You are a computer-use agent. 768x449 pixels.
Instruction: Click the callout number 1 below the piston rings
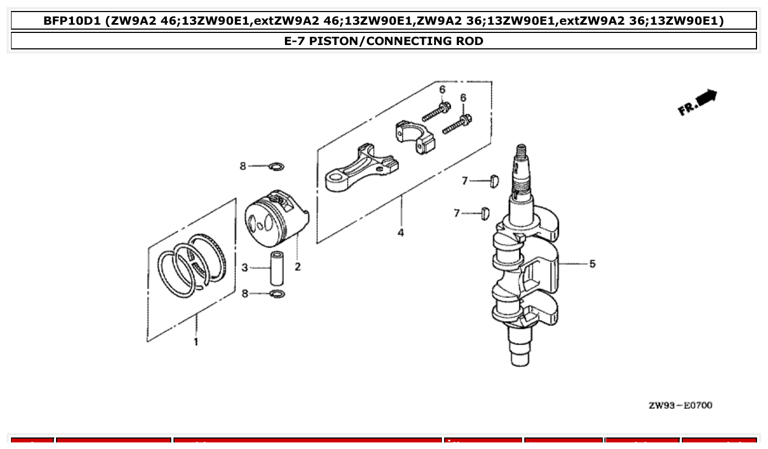click(195, 342)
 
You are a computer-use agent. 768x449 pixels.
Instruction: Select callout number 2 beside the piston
click(297, 267)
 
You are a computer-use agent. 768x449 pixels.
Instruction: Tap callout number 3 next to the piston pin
click(245, 268)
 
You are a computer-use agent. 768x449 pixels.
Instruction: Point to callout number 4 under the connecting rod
click(401, 233)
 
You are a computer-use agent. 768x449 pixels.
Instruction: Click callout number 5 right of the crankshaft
click(592, 264)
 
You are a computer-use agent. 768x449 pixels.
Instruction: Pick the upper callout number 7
click(464, 181)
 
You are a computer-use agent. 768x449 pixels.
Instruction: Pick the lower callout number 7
click(457, 213)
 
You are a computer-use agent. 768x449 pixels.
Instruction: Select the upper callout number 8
click(243, 166)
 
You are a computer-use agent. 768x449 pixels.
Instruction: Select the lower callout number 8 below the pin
click(245, 294)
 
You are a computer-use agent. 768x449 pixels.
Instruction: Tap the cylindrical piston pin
click(276, 268)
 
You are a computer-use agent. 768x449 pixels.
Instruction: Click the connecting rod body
click(357, 167)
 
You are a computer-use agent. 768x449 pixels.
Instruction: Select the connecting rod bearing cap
click(414, 137)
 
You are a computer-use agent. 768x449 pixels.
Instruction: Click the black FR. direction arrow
click(708, 98)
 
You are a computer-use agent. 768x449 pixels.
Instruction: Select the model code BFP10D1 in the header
click(72, 21)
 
